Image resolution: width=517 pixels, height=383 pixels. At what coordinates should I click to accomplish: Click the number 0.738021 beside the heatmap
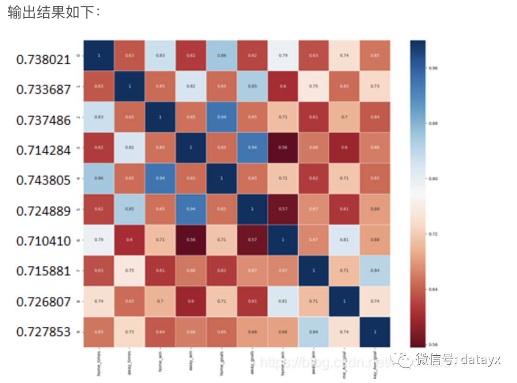coord(43,59)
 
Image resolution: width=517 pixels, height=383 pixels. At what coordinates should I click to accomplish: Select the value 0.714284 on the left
coord(43,150)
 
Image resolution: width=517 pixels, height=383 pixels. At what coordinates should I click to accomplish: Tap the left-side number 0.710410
coord(43,240)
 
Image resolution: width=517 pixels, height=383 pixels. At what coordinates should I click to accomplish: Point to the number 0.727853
coord(43,332)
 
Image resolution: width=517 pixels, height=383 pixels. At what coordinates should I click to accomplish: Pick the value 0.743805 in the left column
coord(43,180)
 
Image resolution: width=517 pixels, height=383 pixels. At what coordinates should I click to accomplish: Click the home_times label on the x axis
coord(99,362)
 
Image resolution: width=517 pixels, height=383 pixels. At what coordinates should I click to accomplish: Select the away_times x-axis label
coord(130,362)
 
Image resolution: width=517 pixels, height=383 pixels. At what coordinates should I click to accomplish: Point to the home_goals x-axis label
coord(222,362)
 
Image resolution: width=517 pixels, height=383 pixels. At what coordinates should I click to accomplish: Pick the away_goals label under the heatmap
coord(252,362)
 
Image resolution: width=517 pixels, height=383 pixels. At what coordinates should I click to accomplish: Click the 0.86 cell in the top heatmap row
coord(222,55)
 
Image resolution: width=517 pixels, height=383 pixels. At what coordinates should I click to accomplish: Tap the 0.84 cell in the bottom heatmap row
coord(314,331)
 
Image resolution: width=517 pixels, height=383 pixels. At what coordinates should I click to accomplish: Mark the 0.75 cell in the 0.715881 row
coord(130,270)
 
